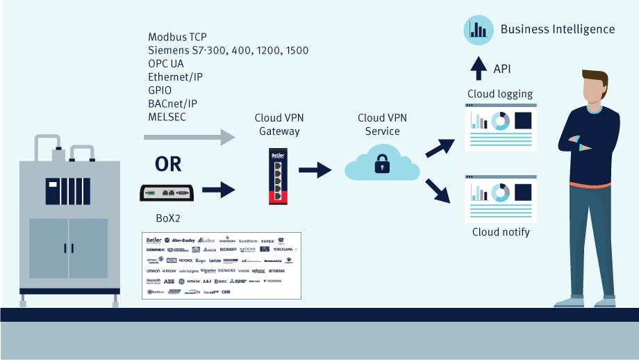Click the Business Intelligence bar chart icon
click(478, 28)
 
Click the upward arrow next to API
click(479, 68)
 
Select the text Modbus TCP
click(176, 37)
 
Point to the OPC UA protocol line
click(166, 63)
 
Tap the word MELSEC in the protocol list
click(167, 116)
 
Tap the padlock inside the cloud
click(382, 165)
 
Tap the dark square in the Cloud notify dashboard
click(523, 192)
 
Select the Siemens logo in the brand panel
click(226, 270)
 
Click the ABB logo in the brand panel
click(169, 281)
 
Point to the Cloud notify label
click(501, 231)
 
